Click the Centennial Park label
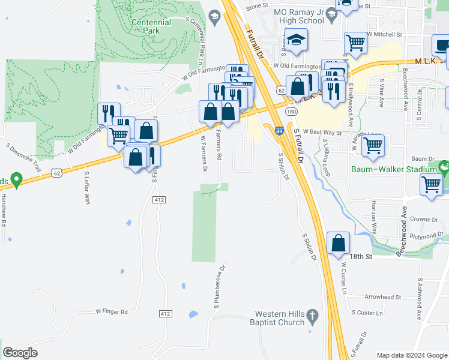point(151,26)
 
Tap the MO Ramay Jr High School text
point(298,16)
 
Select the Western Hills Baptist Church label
point(279,318)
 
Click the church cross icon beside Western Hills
point(312,315)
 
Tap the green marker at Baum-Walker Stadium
point(444,166)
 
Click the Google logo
point(20,353)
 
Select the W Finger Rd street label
point(112,312)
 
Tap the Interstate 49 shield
point(280,130)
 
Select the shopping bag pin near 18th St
point(339,244)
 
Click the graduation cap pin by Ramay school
point(296,41)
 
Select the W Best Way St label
point(322,131)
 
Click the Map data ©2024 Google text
point(411,355)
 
